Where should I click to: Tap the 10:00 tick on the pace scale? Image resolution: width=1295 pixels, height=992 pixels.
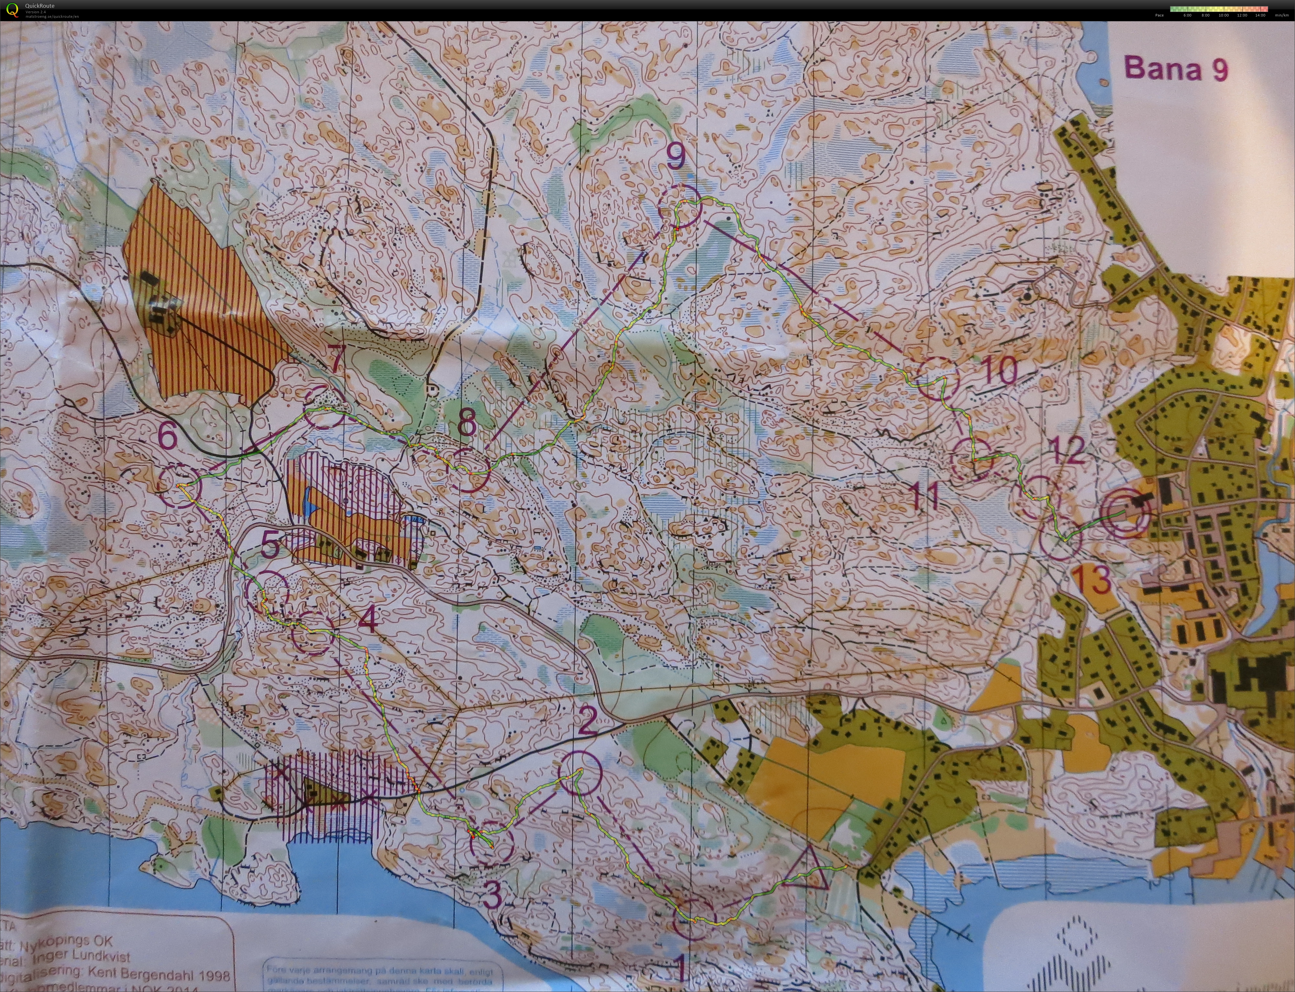tap(1223, 15)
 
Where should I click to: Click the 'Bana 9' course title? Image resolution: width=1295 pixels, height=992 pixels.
tap(1176, 69)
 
